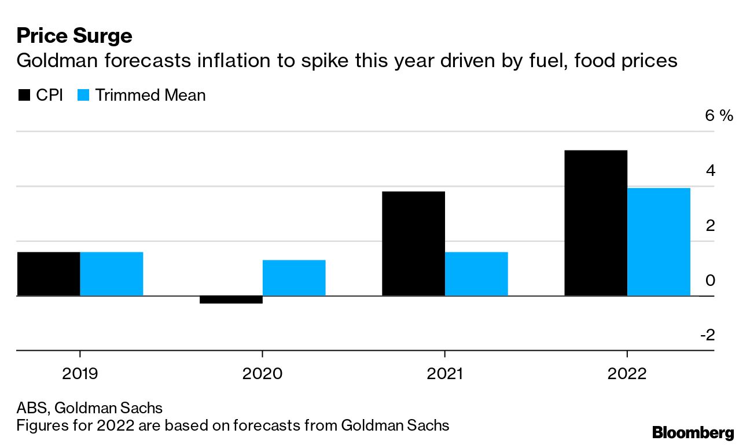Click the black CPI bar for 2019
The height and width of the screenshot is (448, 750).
[49, 274]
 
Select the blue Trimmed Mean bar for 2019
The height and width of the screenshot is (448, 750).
[111, 274]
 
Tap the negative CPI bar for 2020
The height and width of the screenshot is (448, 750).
[231, 299]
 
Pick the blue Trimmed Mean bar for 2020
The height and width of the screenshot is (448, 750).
[294, 278]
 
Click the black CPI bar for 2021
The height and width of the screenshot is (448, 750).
[413, 243]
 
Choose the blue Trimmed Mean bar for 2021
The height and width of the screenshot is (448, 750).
[476, 274]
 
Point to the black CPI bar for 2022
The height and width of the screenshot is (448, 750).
[595, 223]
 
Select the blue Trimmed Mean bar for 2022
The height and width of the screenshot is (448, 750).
[659, 241]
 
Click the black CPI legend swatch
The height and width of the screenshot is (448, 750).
[24, 95]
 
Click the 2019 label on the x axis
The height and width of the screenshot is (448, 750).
[80, 373]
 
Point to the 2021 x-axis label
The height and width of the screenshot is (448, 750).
[444, 373]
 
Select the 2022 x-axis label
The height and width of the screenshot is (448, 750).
[627, 373]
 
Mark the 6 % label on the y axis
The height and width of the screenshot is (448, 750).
[718, 115]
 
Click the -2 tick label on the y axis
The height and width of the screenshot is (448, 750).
[707, 335]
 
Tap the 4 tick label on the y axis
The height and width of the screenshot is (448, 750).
[711, 170]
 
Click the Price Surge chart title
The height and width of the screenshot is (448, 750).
[74, 36]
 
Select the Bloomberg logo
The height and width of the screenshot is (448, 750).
[693, 432]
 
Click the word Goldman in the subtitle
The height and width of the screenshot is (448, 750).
[52, 61]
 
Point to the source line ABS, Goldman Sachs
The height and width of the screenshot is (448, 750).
[89, 408]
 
